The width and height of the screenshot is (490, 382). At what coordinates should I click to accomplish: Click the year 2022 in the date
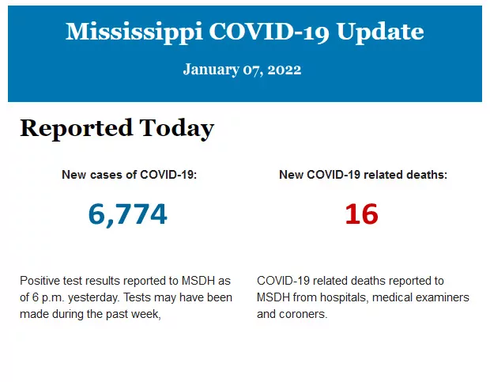[x=285, y=70]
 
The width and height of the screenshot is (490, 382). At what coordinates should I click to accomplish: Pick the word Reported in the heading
[x=75, y=128]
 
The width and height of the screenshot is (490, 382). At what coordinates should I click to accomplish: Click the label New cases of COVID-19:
[x=129, y=175]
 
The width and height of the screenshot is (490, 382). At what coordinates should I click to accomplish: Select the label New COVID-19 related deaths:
[x=363, y=175]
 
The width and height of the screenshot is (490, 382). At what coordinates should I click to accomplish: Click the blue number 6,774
[x=128, y=214]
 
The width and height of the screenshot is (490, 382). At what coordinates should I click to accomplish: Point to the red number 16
[x=362, y=214]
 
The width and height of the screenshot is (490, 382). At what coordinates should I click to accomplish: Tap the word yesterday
[x=103, y=297]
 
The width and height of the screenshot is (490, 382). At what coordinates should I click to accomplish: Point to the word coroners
[x=302, y=314]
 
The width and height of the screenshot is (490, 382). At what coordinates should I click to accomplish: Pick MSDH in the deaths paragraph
[x=273, y=297]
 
